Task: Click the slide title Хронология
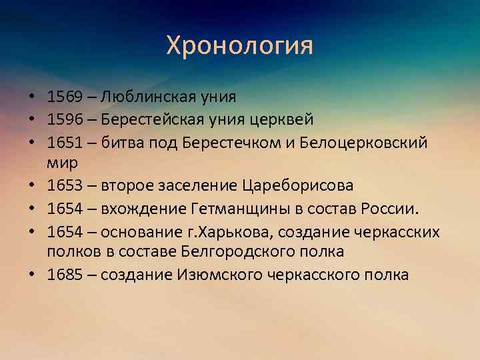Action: click(239, 46)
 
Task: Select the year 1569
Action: click(64, 97)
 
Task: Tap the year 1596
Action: click(64, 120)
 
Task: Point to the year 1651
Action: click(64, 143)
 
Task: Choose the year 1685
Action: click(64, 275)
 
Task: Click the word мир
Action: click(60, 161)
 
